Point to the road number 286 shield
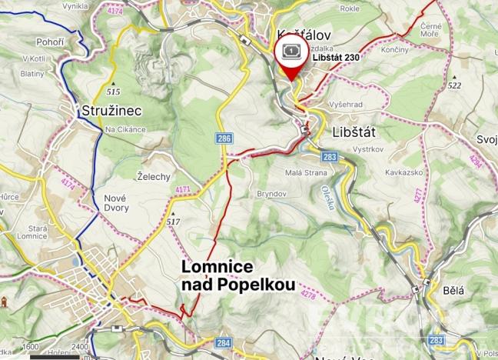click(x=224, y=138)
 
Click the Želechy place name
click(x=152, y=176)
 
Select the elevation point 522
click(x=454, y=86)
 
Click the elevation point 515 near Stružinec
click(x=114, y=91)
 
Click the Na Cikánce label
click(x=125, y=128)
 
